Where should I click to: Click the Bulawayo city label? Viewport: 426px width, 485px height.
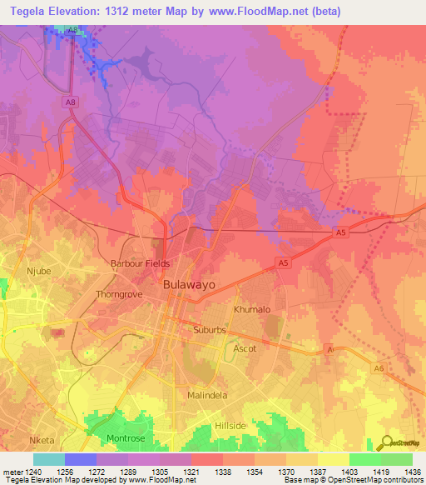(190, 284)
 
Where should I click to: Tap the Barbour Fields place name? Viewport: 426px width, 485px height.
(140, 263)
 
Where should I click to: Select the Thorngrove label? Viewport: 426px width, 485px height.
(119, 294)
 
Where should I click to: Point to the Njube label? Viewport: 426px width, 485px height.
(39, 271)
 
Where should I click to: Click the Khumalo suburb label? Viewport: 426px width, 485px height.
(252, 309)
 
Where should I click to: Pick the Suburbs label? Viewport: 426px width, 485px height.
(210, 330)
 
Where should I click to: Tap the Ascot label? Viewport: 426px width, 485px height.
(245, 348)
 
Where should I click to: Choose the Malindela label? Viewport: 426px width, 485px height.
(207, 395)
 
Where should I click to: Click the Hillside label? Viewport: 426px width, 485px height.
(230, 426)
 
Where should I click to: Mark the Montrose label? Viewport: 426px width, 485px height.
(126, 438)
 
